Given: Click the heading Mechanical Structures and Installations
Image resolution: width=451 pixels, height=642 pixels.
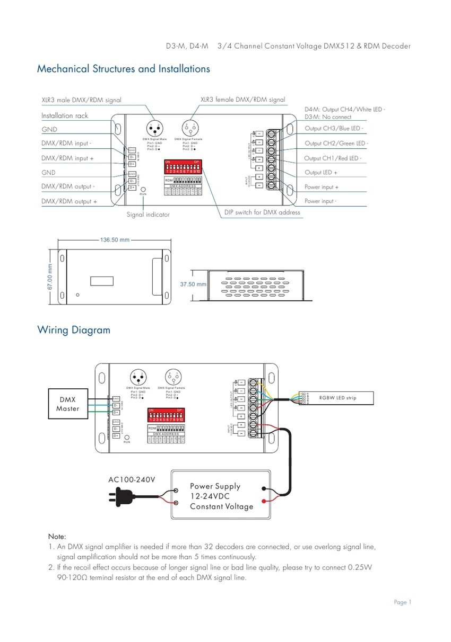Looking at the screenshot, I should click(123, 69).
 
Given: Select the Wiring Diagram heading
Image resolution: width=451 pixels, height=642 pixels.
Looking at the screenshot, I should click(74, 330).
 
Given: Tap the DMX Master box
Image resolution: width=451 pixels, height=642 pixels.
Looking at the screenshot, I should click(67, 404).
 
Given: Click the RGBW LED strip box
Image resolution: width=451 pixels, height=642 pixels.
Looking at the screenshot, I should click(337, 398).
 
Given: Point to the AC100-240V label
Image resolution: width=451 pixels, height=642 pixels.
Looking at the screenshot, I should click(132, 480).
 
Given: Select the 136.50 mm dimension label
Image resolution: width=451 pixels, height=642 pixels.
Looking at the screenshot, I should click(115, 240).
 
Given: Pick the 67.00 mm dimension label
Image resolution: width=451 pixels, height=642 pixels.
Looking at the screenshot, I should click(50, 278).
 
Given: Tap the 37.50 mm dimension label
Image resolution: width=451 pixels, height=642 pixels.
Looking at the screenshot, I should click(193, 284).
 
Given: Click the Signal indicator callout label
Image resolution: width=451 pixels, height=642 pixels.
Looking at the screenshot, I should click(148, 215).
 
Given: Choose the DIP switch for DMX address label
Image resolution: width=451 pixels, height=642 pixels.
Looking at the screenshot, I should click(262, 212).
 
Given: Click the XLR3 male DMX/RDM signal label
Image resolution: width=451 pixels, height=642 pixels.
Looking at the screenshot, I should click(81, 100).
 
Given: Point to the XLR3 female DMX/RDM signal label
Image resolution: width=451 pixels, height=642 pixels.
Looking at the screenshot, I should click(242, 100).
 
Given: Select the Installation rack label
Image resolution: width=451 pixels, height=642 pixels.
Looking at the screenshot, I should click(65, 115).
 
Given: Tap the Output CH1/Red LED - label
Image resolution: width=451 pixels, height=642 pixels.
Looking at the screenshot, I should click(332, 158).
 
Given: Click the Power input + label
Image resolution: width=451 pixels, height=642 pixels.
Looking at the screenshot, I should click(322, 187).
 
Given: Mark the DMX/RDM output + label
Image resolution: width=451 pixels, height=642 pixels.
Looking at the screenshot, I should click(69, 201).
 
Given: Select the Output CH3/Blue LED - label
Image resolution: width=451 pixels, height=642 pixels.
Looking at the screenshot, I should click(334, 129).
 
